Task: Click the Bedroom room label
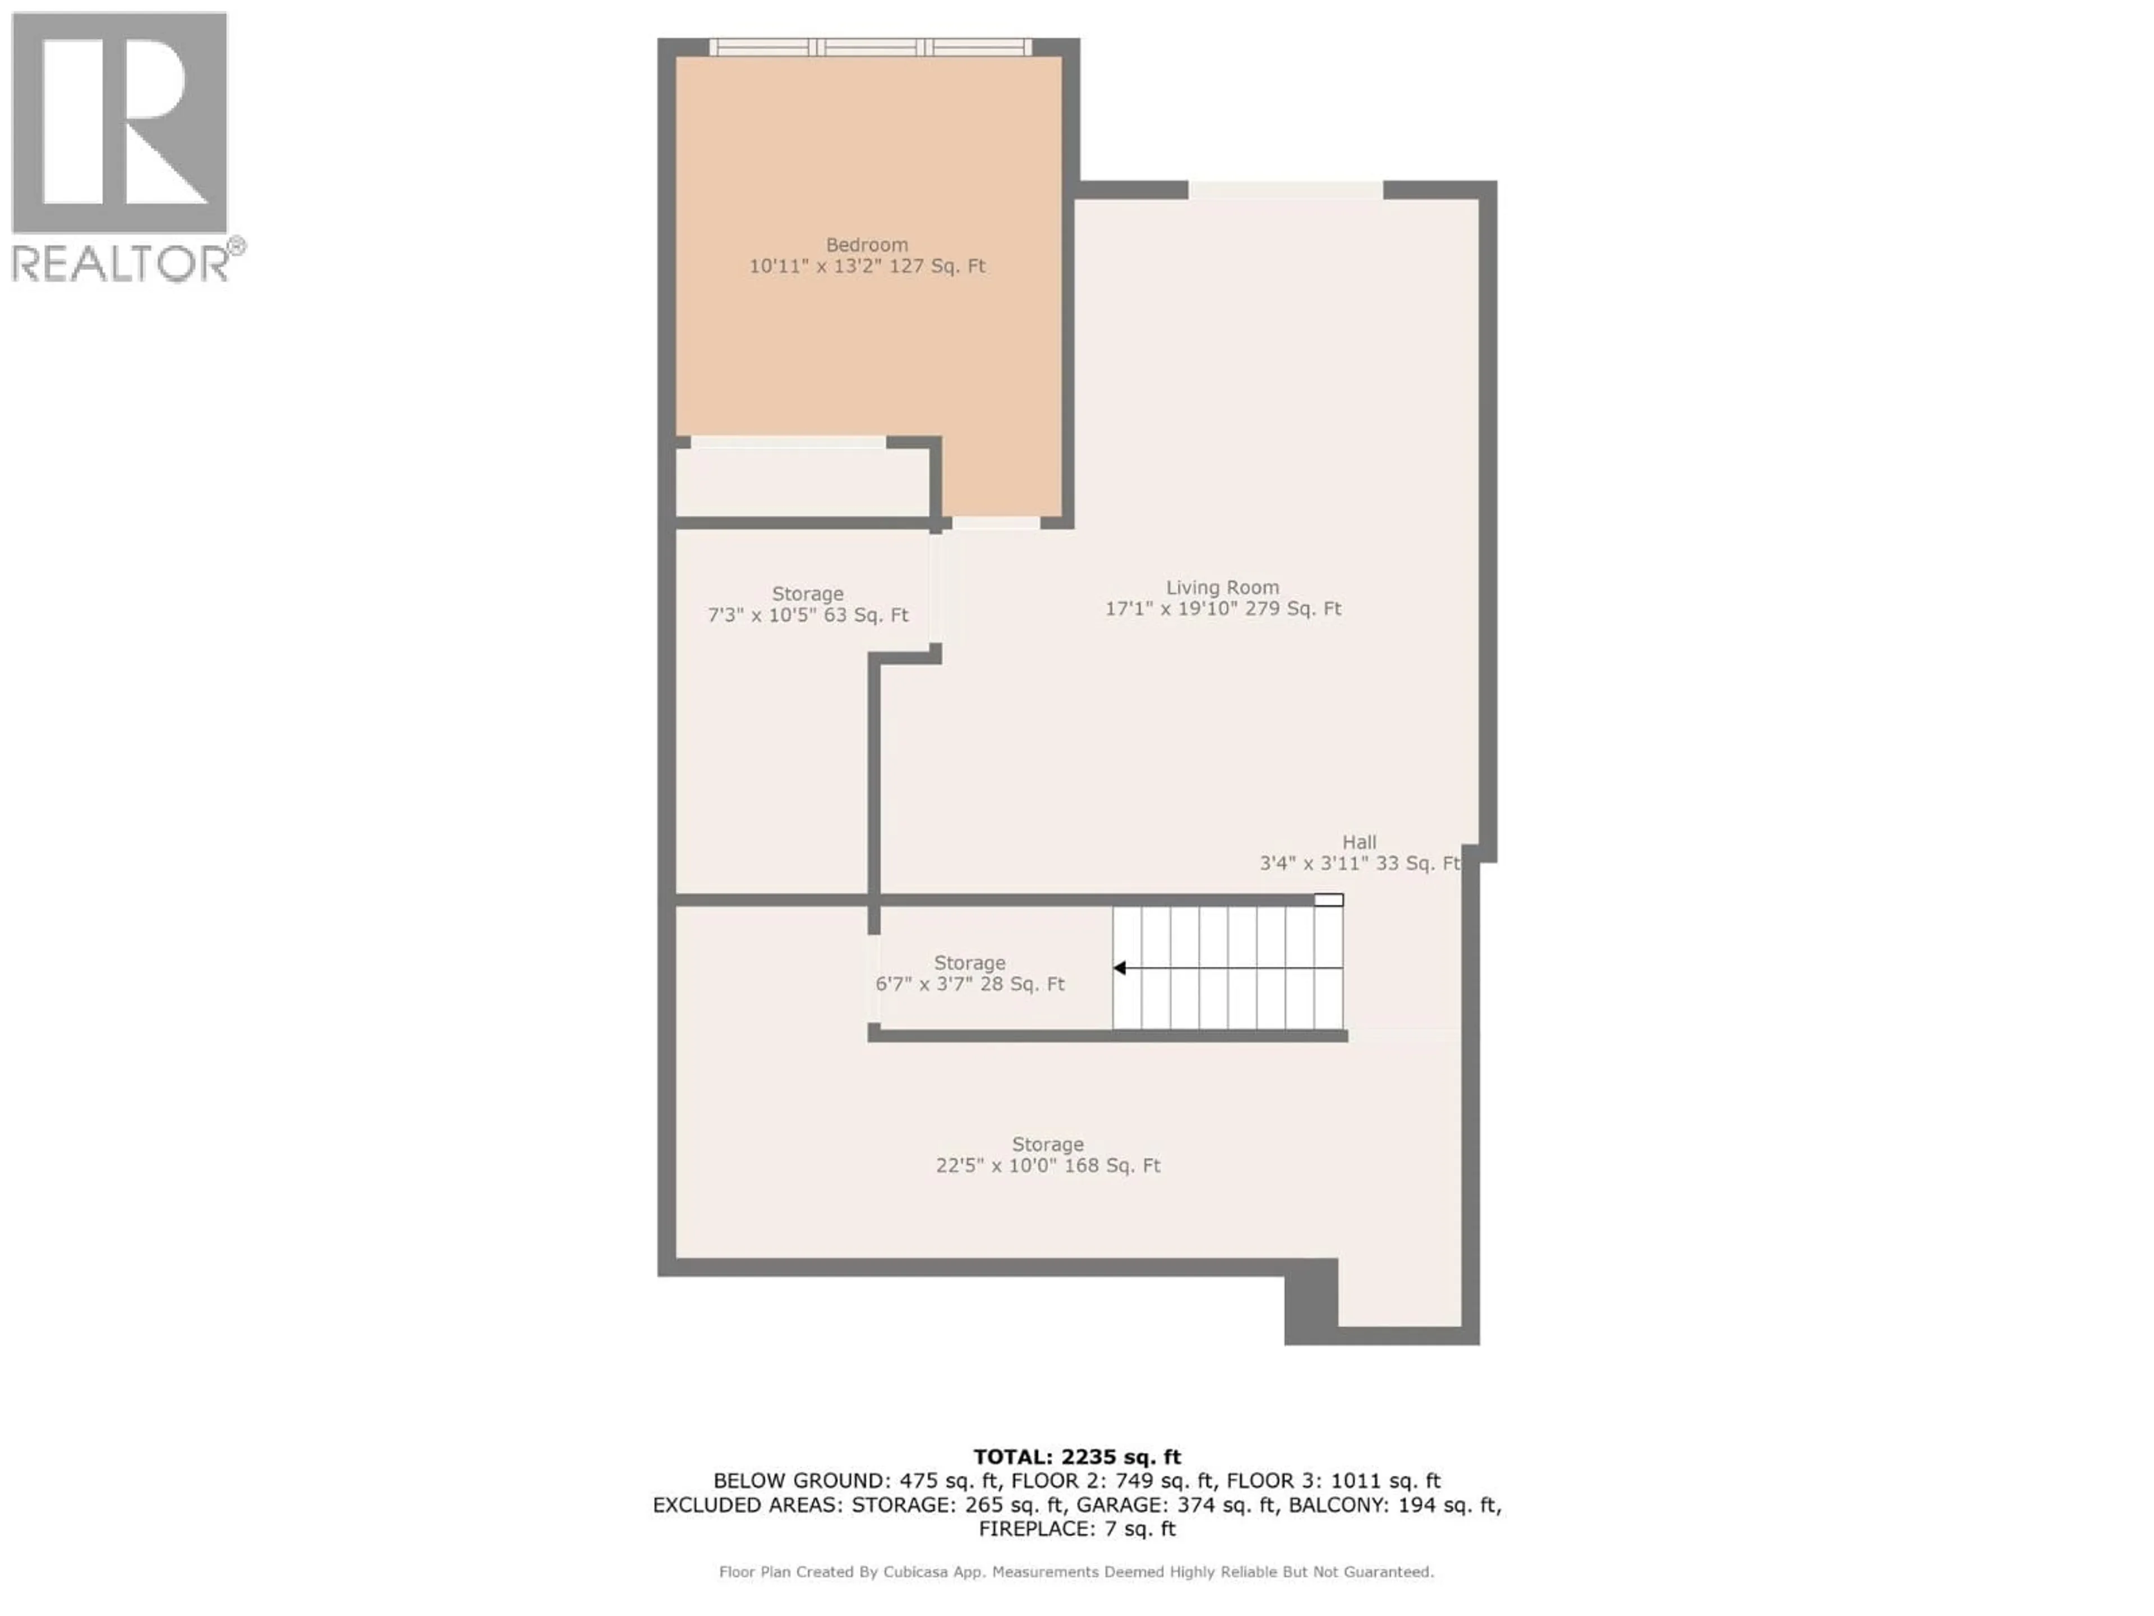click(867, 245)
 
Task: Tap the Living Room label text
click(1222, 587)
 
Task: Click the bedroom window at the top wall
click(869, 47)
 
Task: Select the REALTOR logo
click(122, 146)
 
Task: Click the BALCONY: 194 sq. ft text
click(1394, 1505)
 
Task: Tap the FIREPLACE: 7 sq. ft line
click(1077, 1529)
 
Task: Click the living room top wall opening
click(1286, 190)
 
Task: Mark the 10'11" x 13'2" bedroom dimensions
click(867, 266)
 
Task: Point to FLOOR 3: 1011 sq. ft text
click(1333, 1481)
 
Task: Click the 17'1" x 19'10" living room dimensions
click(1222, 609)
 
